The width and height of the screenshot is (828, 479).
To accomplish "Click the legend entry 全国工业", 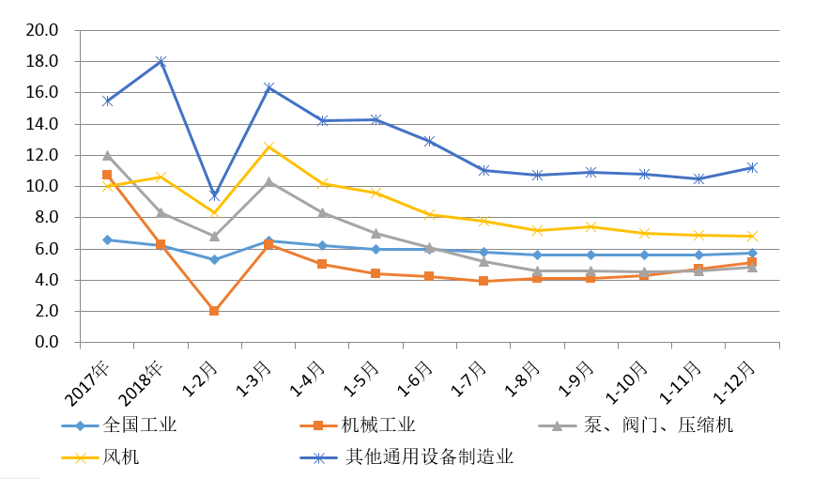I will [x=140, y=425].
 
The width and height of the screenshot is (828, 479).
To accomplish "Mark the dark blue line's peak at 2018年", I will [x=161, y=61].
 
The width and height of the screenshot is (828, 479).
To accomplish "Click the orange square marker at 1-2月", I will [x=215, y=311].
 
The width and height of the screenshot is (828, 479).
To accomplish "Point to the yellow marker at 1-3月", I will [x=269, y=147].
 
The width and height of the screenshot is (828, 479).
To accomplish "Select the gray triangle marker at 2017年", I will [x=107, y=155].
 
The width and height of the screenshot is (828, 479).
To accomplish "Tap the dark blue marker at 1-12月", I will [x=753, y=167].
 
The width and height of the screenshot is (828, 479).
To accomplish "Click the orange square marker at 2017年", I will [x=107, y=176].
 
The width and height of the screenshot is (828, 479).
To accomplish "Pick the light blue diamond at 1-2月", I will [x=215, y=259].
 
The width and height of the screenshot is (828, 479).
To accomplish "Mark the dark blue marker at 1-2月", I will [x=215, y=195].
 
